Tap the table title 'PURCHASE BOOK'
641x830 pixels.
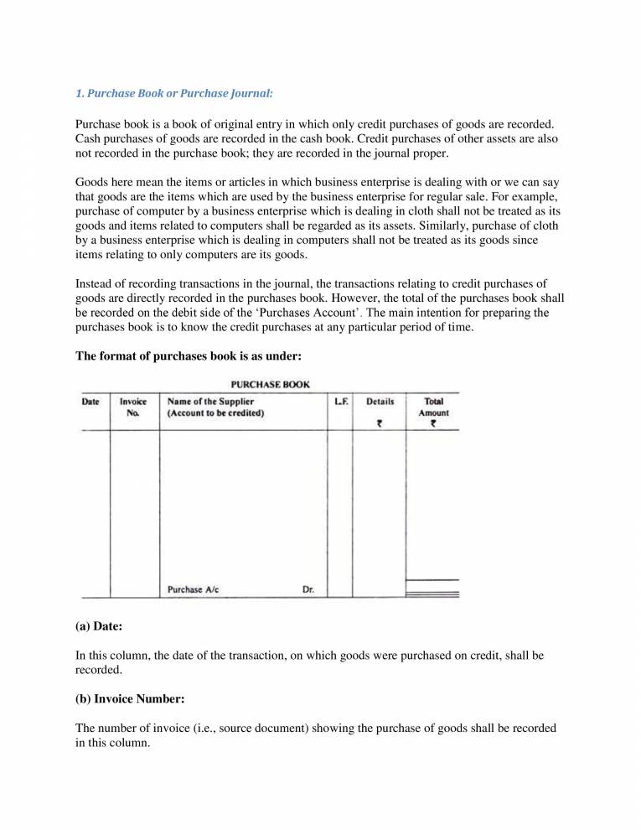[270, 385]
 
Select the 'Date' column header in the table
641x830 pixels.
[90, 402]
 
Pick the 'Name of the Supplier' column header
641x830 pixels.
[210, 402]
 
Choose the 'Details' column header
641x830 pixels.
[380, 402]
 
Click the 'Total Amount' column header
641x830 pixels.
[433, 407]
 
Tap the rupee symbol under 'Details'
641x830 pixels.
[380, 423]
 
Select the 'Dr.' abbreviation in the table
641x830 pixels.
[308, 589]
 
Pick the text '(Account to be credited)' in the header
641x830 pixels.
[215, 413]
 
